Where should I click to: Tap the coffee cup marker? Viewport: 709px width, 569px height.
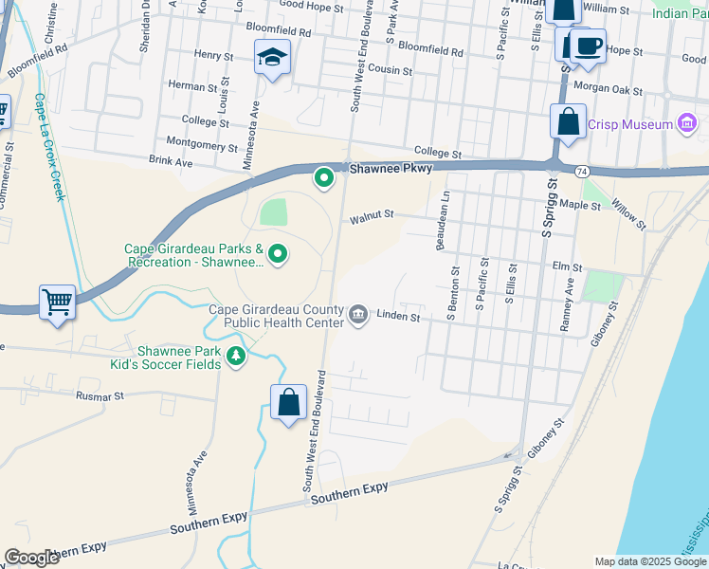588,45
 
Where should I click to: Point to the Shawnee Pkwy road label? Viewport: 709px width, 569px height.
391,169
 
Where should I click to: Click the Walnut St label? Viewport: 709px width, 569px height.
372,216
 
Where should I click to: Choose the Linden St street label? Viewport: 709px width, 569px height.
398,316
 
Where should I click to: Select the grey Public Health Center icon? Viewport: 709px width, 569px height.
358,315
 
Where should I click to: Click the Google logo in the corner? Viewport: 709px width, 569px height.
31,558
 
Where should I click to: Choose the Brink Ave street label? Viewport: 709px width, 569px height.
172,163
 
